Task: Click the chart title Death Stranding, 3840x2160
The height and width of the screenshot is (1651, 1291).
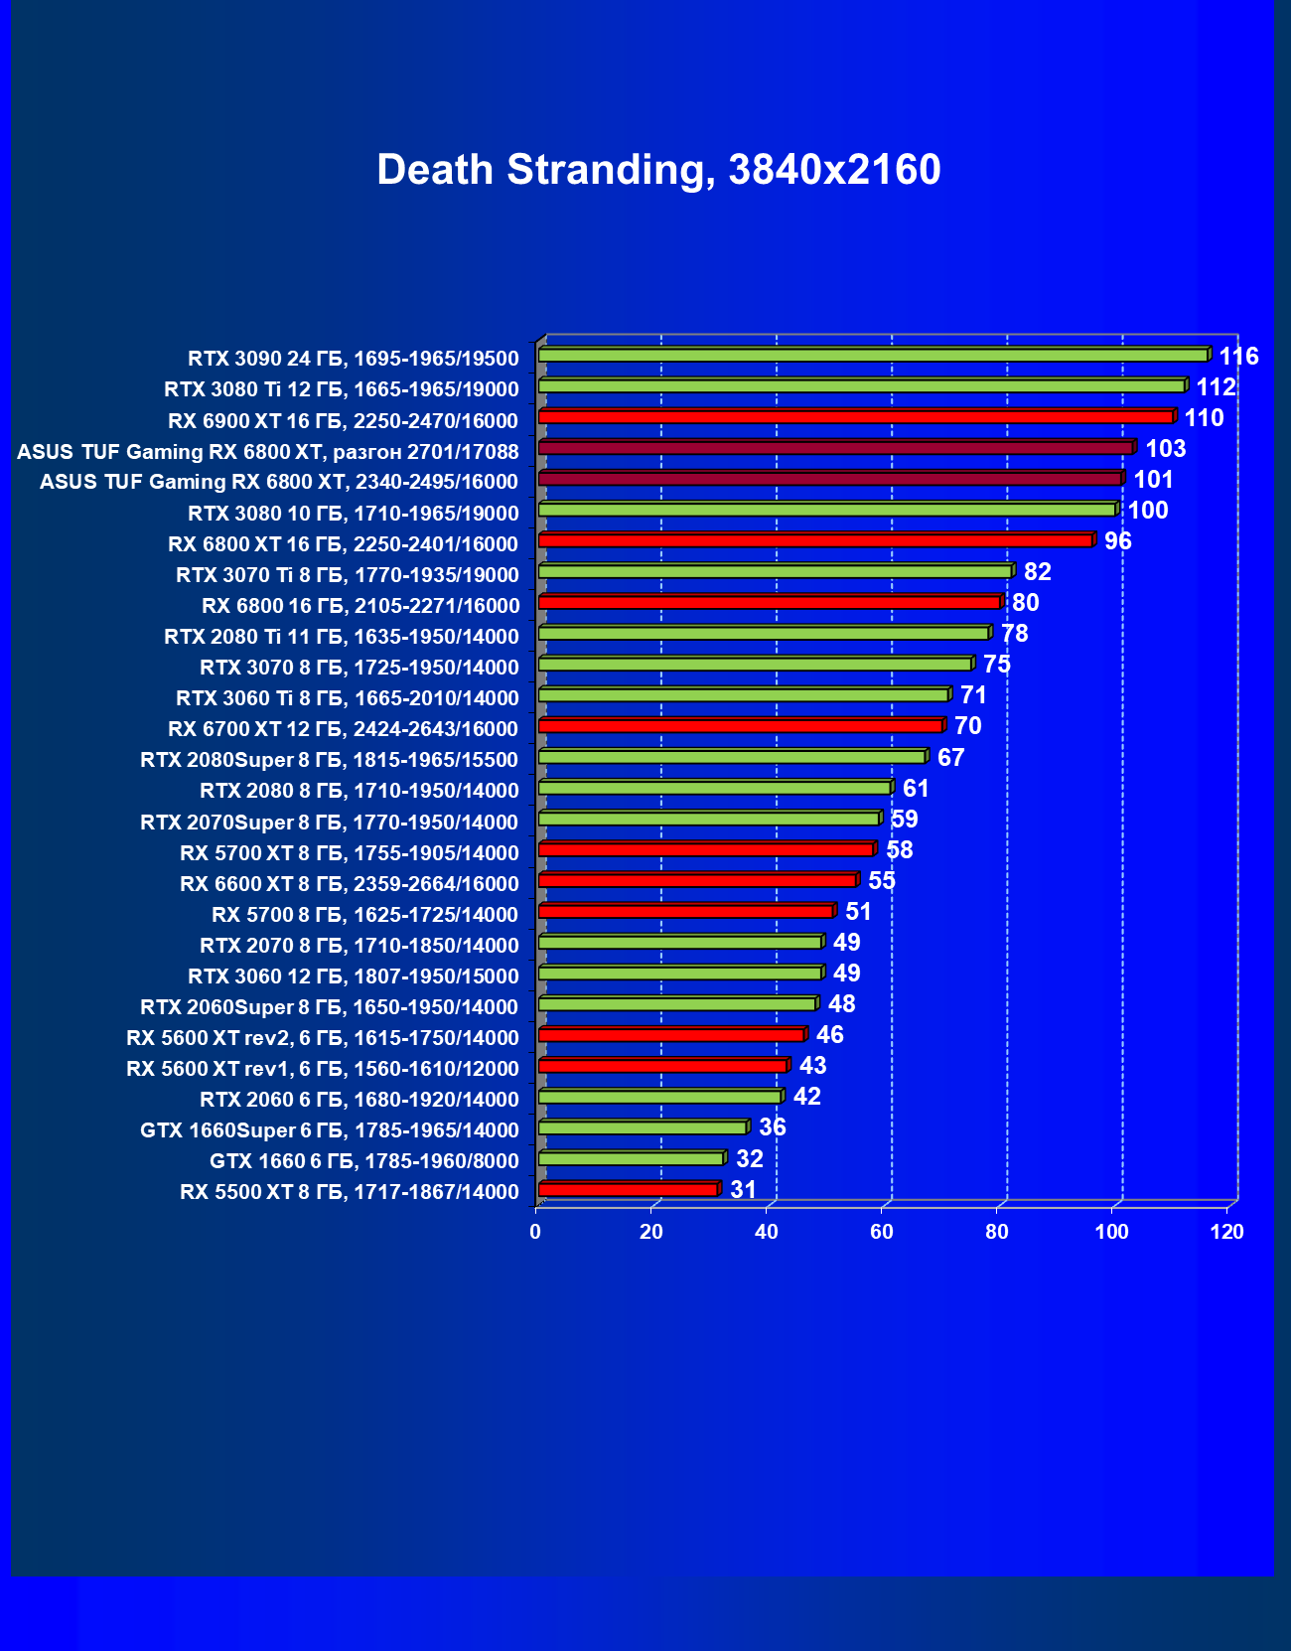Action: point(658,170)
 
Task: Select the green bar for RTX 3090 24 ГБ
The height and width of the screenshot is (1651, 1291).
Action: point(873,355)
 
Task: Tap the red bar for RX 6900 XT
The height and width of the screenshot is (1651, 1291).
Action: point(855,416)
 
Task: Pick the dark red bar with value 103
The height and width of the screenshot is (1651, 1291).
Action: point(835,448)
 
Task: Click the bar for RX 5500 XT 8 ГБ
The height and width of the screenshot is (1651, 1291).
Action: point(628,1189)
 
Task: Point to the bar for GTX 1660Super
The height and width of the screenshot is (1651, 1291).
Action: point(642,1127)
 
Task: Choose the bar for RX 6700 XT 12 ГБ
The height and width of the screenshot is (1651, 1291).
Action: point(740,726)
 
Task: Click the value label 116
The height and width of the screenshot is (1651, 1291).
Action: point(1238,357)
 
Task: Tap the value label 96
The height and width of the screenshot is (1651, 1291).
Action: point(1117,541)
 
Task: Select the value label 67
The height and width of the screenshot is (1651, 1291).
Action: point(950,758)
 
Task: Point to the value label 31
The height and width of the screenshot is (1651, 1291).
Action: point(743,1190)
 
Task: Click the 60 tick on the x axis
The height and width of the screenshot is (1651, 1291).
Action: point(881,1232)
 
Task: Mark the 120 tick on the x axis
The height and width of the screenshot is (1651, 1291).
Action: point(1226,1232)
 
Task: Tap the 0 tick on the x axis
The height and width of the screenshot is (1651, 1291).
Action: point(536,1232)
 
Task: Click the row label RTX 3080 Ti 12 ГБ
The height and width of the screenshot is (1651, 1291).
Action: point(342,389)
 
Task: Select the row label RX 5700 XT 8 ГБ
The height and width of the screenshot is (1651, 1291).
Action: point(350,853)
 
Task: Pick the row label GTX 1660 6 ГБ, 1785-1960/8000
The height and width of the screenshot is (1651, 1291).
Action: point(364,1161)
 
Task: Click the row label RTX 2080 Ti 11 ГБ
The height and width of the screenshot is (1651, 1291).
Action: point(342,637)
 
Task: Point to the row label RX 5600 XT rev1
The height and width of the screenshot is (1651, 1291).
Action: point(323,1069)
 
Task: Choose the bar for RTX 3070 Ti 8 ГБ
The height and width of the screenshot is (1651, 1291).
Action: point(775,571)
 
